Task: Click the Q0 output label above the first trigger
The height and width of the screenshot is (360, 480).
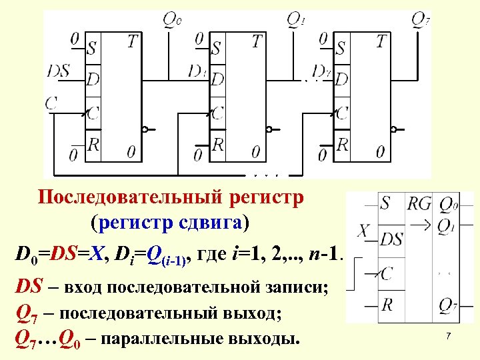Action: coord(172,20)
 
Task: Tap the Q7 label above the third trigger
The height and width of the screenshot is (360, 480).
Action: coord(420,20)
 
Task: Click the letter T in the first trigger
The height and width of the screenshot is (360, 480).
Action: coord(133,42)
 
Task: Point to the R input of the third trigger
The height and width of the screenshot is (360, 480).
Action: coord(342,143)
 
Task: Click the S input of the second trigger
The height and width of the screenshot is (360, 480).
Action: coord(217,48)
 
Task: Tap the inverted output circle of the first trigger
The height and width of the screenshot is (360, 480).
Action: coord(145,129)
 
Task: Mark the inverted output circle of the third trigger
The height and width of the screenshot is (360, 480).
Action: coord(394,129)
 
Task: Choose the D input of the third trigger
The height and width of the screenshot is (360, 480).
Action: coord(341,79)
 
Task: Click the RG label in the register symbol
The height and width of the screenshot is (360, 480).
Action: coord(419,203)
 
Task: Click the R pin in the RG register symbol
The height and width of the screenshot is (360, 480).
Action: coord(386,305)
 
